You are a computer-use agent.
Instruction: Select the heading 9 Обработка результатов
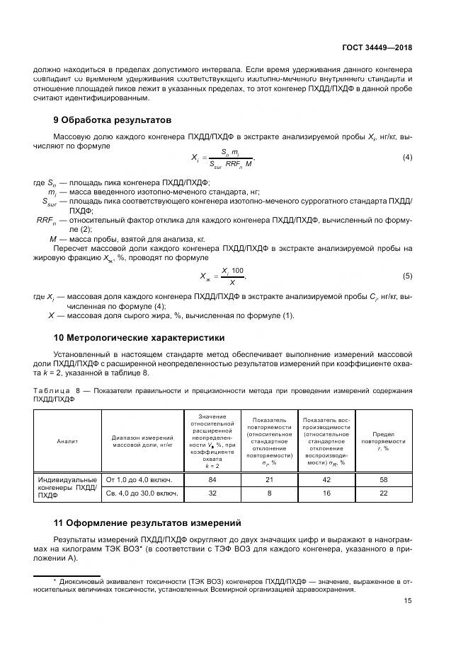113,119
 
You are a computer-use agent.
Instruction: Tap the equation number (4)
407,157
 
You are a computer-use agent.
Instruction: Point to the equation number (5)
407,276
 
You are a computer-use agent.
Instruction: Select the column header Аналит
67,441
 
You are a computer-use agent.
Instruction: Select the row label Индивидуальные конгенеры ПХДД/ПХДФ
67,487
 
